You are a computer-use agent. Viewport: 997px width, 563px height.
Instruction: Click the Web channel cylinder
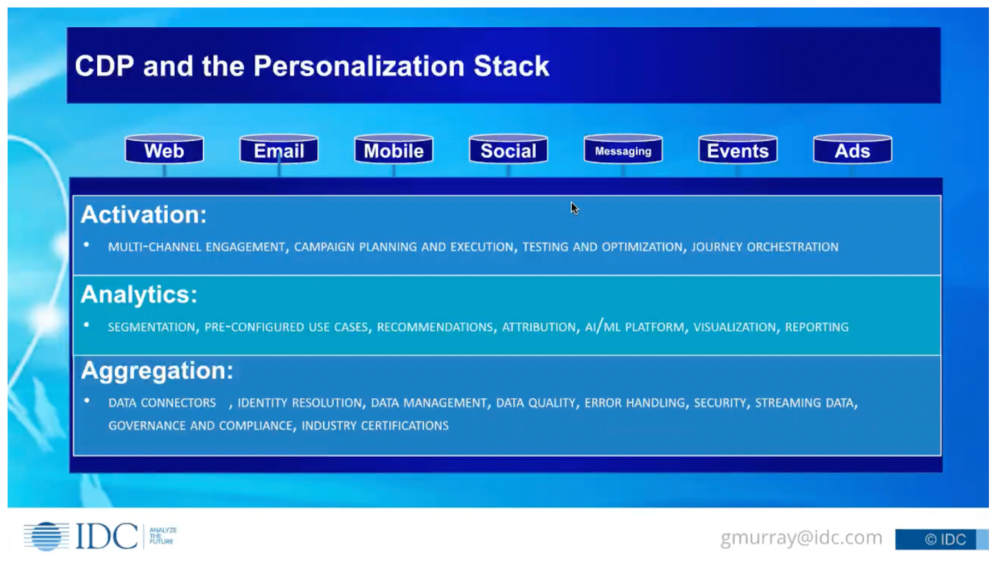[x=164, y=150]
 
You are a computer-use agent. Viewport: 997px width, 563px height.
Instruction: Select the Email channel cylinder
[x=278, y=150]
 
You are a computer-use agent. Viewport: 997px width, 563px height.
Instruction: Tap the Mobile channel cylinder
[x=393, y=150]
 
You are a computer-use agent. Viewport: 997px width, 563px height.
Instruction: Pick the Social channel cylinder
[x=508, y=150]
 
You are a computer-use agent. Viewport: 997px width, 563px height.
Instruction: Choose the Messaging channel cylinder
[x=623, y=150]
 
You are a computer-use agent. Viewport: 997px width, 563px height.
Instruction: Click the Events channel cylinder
[x=738, y=150]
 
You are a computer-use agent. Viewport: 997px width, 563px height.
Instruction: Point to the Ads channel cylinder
[x=852, y=150]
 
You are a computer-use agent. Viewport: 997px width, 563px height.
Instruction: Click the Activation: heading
[x=144, y=214]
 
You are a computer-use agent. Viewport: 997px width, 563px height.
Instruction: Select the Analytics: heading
[x=139, y=295]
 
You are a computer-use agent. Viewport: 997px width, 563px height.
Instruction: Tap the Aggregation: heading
[x=157, y=370]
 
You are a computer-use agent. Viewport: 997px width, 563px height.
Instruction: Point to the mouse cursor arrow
[x=573, y=208]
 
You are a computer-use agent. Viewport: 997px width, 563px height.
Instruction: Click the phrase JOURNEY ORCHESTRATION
[x=764, y=247]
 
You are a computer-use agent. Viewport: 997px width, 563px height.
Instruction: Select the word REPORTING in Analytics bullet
[x=816, y=327]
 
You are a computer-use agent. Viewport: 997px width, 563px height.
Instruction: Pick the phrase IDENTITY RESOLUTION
[x=299, y=403]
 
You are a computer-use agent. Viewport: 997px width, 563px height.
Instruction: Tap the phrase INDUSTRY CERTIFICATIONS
[x=375, y=426]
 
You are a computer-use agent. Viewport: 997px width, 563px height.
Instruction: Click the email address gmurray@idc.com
[x=801, y=538]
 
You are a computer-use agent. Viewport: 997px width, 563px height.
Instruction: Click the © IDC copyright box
[x=941, y=540]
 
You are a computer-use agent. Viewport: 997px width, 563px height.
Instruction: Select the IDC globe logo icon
[x=46, y=536]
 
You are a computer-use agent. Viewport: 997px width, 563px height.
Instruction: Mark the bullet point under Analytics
[x=86, y=325]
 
